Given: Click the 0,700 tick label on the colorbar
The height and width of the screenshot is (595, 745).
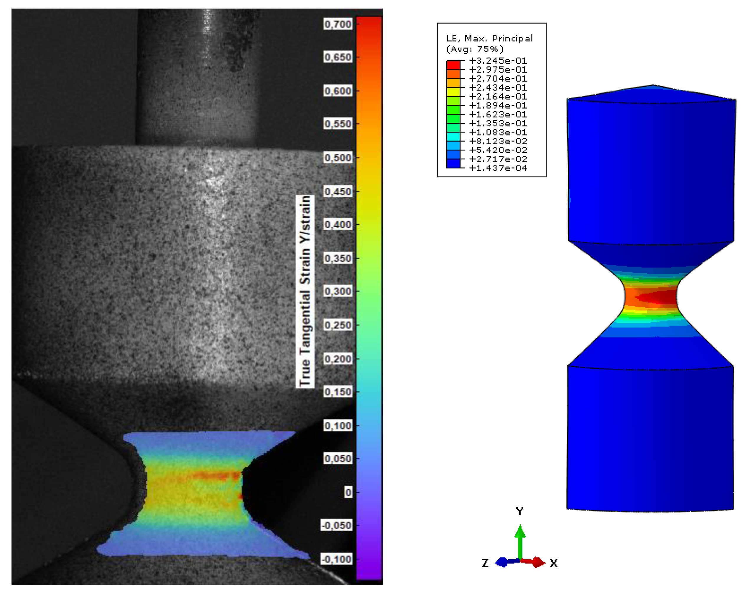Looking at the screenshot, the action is click(338, 24).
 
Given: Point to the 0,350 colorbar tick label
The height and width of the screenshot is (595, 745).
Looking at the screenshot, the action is click(338, 259).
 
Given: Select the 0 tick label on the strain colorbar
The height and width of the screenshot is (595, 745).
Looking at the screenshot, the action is click(348, 492).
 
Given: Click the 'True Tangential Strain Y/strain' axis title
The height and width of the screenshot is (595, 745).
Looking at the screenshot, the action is click(305, 291).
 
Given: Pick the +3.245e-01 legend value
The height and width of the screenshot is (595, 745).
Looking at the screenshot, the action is click(498, 61).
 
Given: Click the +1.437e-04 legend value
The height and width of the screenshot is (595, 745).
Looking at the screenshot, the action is click(498, 168).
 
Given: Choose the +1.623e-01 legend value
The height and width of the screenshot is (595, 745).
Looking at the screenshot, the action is click(498, 115).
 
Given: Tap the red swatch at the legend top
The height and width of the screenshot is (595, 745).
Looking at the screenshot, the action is click(453, 65).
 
